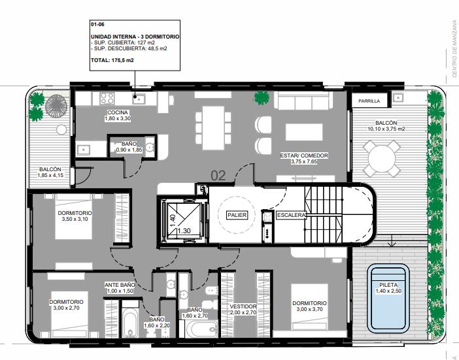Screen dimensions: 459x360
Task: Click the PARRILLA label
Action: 369,101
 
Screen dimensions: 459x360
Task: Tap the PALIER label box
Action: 237,215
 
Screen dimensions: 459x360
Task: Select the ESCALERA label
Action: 291,215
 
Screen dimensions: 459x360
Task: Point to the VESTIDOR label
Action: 243,306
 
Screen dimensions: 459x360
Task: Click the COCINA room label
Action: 118,112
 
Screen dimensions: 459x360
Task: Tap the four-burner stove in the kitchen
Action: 107,99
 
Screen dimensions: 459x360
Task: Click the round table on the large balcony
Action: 382,159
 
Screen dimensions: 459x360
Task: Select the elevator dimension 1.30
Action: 184,231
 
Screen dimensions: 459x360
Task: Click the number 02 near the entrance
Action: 218,176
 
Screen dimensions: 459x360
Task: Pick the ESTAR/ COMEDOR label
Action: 304,155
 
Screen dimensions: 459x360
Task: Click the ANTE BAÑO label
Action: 120,285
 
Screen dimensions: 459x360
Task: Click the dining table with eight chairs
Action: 213,128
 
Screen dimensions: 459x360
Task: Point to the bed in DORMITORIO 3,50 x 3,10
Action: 74,217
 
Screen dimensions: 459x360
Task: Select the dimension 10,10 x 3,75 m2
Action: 386,129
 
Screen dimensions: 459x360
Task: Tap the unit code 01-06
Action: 98,25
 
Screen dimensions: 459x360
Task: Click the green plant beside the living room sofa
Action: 262,98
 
